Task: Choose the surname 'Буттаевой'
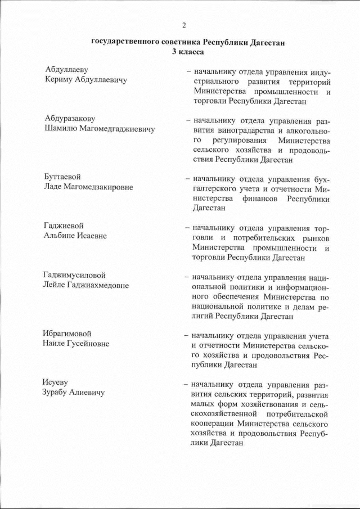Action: tap(63, 177)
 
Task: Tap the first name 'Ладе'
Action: tap(54, 187)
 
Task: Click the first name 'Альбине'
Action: tap(60, 236)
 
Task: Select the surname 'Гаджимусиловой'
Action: tap(75, 275)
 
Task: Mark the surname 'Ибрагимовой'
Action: tap(67, 334)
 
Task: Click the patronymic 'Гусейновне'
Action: tap(87, 344)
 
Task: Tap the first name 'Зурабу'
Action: tap(58, 393)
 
